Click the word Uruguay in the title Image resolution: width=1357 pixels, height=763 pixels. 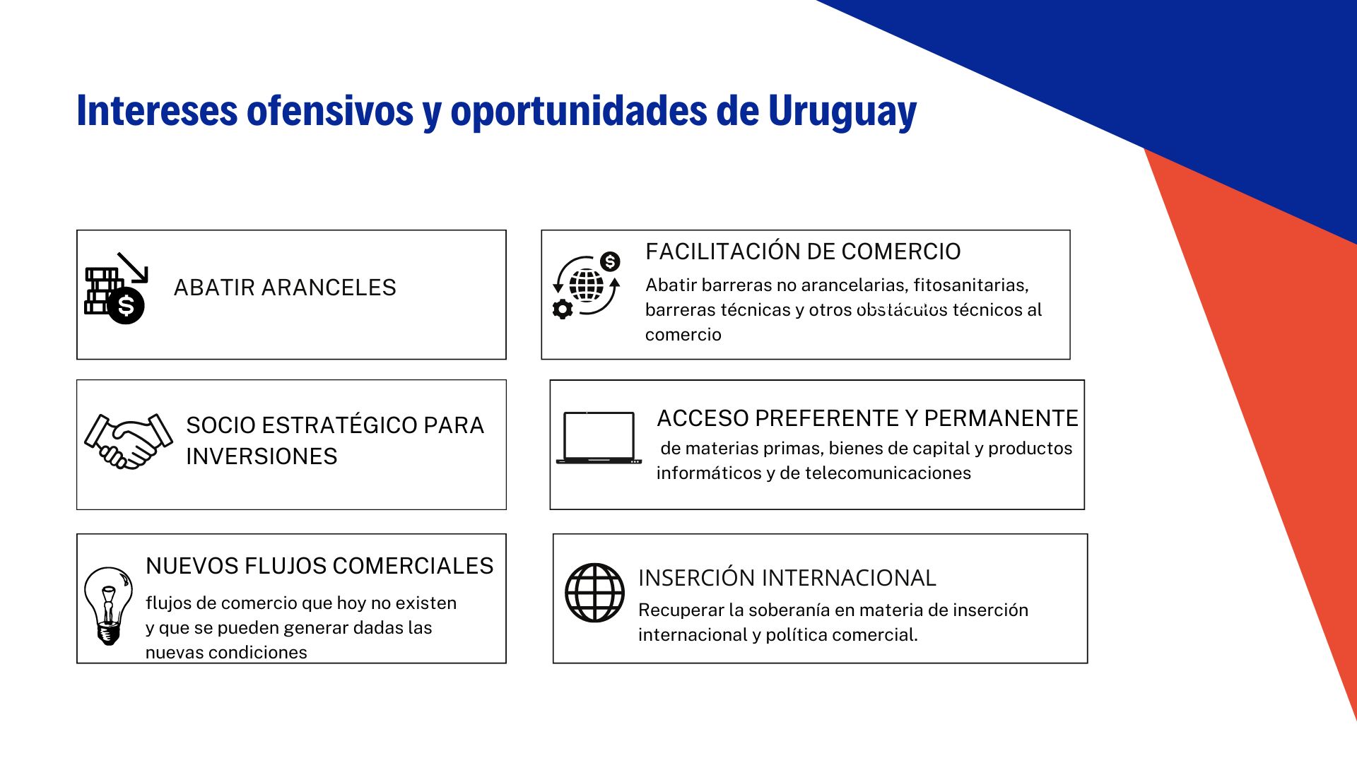click(x=842, y=111)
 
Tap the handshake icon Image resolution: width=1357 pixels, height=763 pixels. click(x=128, y=441)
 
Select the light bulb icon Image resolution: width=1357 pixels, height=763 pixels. click(x=108, y=605)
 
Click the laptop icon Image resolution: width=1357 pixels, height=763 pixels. click(x=599, y=437)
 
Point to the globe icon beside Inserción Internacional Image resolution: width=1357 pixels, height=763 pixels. click(x=594, y=592)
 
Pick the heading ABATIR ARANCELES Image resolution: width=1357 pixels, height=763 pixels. click(x=285, y=288)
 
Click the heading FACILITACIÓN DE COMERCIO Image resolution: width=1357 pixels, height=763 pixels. click(x=803, y=252)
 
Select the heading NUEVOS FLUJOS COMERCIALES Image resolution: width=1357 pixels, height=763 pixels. click(x=319, y=566)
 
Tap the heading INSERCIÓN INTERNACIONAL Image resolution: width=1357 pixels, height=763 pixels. click(x=787, y=578)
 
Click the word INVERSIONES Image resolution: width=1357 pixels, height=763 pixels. click(x=262, y=456)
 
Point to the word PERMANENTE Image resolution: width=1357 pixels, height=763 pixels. click(x=1001, y=418)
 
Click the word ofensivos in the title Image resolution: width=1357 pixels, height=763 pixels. click(x=329, y=111)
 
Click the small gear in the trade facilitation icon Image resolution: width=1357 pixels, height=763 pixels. click(x=563, y=309)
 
